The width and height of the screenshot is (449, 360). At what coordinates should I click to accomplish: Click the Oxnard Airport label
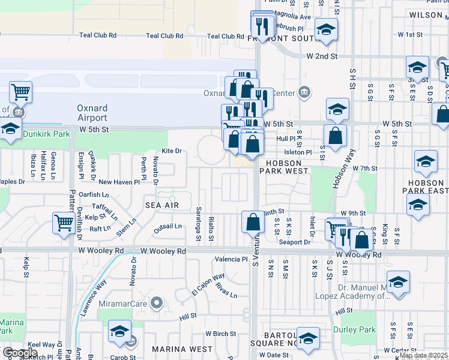click(92, 113)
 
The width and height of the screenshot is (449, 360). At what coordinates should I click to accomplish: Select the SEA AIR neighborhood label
click(162, 205)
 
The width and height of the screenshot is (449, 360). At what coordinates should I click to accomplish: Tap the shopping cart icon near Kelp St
click(63, 223)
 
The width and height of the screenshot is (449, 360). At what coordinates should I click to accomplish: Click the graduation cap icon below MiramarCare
click(119, 331)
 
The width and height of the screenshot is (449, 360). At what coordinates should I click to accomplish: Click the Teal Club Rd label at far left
click(96, 35)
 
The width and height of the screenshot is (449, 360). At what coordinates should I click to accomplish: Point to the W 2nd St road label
click(322, 56)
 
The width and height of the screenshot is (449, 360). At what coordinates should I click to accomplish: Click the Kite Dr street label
click(171, 151)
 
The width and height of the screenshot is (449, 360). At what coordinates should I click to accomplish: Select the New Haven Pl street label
click(119, 181)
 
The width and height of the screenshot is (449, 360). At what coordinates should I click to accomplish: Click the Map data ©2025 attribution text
click(423, 355)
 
